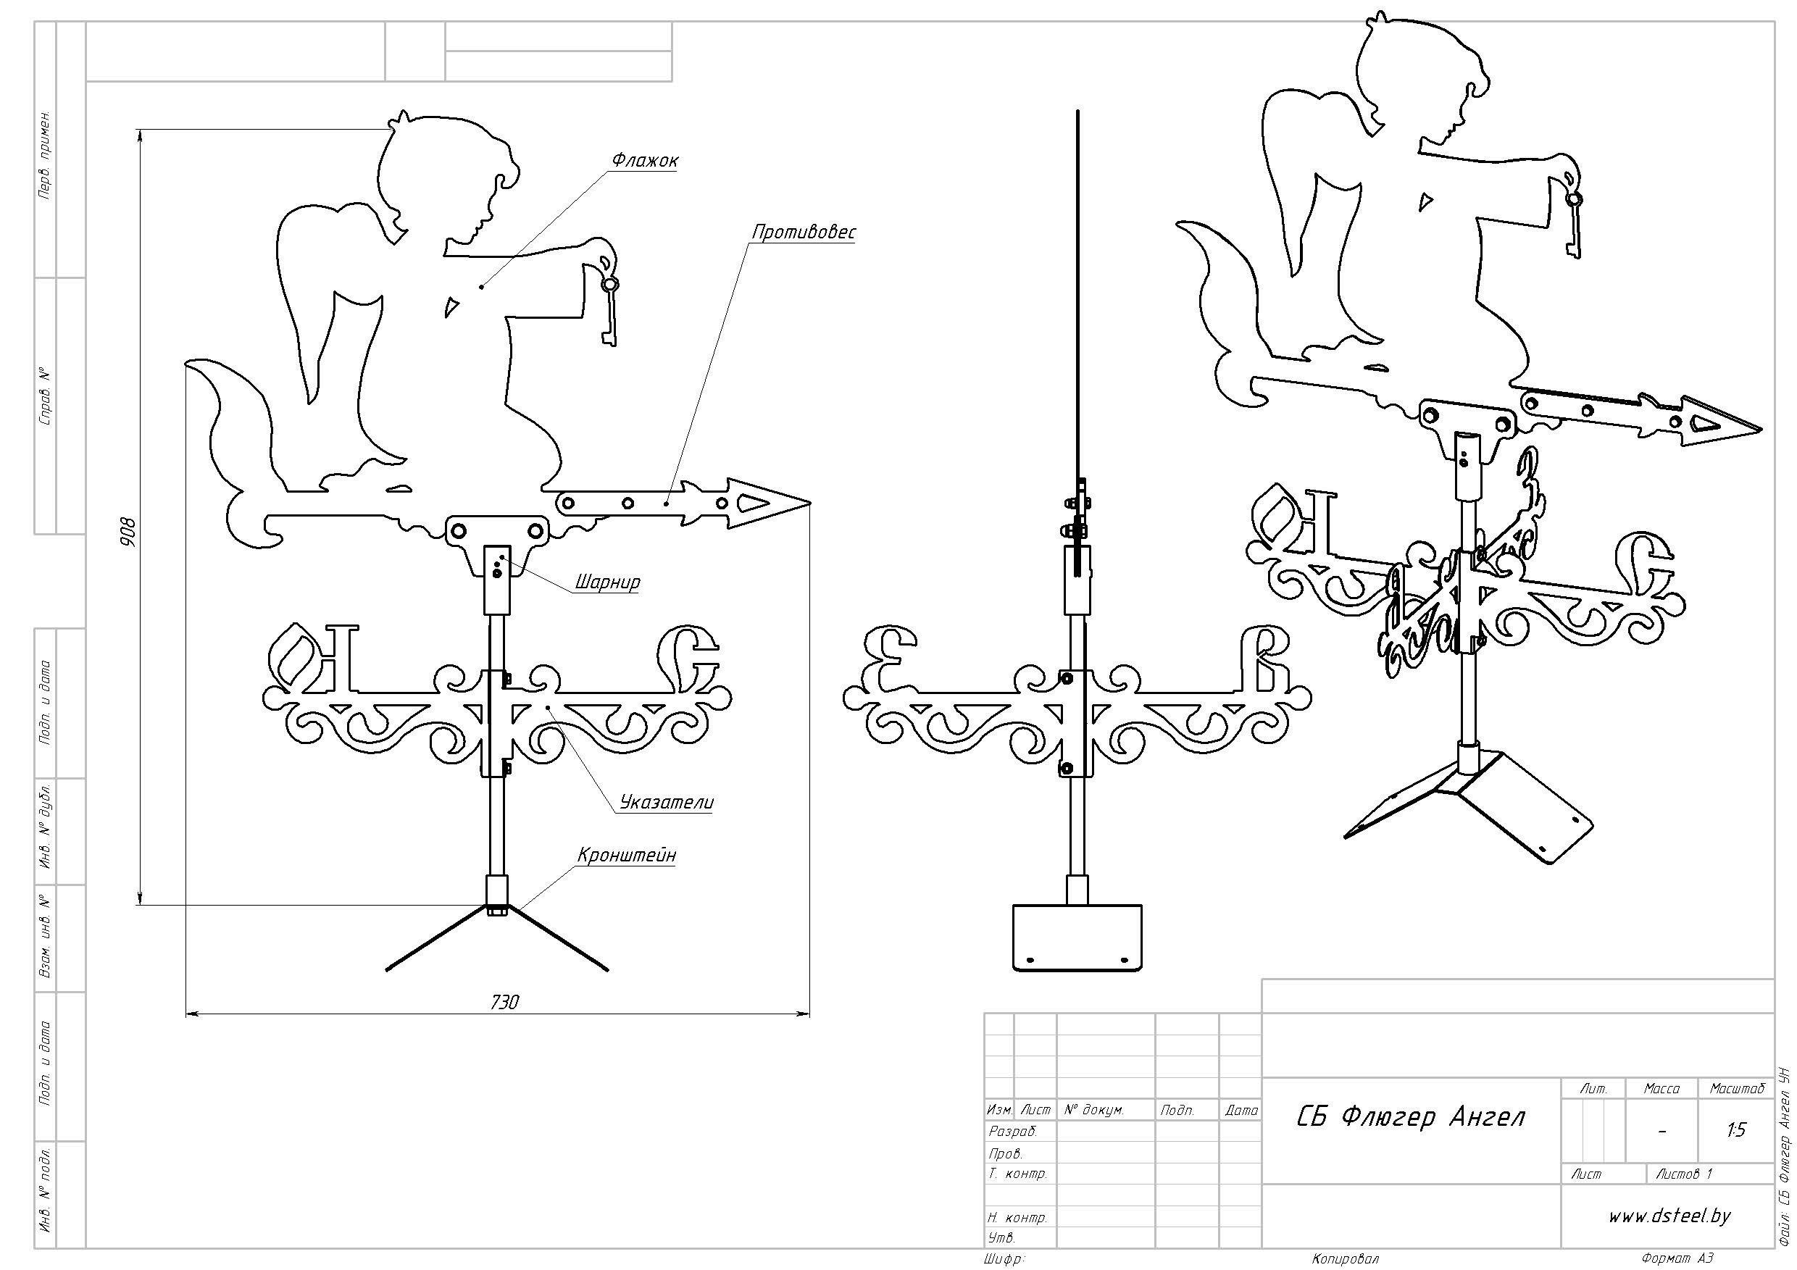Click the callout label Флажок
tap(645, 160)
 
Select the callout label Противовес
tap(804, 233)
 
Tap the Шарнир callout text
tap(607, 582)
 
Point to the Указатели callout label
tap(667, 802)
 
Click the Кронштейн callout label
tap(626, 856)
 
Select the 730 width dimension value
tap(504, 1003)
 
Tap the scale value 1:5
tap(1736, 1130)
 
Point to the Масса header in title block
tap(1661, 1088)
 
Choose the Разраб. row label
tap(1013, 1132)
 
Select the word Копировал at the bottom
tap(1345, 1259)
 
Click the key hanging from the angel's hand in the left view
tap(609, 312)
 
